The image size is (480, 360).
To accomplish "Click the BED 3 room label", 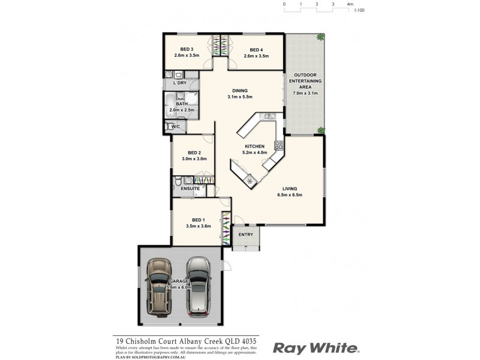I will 187,49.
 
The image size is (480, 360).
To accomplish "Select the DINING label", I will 240,91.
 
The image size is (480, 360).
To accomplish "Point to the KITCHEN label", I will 255,146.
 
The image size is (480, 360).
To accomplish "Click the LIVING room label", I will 290,189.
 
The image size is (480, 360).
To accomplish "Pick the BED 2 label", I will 193,152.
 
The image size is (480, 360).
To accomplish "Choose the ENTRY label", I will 246,235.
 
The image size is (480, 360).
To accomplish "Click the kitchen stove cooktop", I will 278,145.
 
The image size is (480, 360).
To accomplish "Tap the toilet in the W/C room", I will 169,127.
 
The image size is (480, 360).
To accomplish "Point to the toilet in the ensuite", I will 178,181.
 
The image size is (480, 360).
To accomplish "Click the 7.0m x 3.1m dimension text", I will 305,93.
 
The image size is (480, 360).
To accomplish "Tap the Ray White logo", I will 316,347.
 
